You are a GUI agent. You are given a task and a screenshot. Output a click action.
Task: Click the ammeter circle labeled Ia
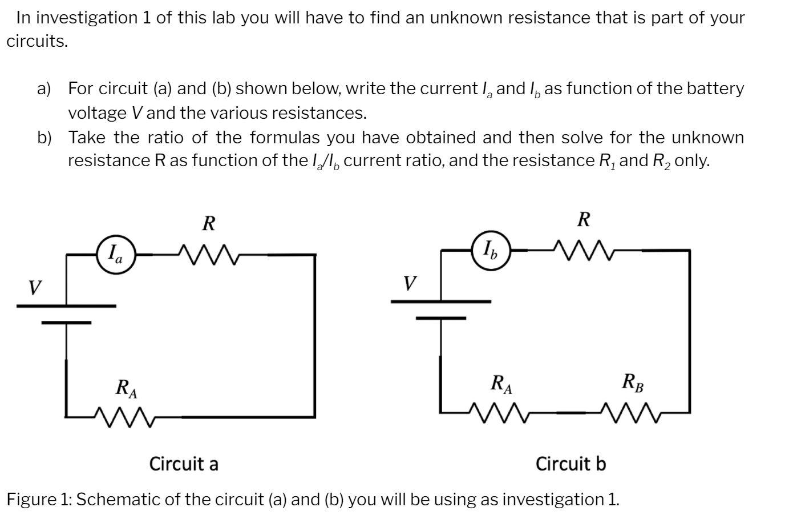click(116, 252)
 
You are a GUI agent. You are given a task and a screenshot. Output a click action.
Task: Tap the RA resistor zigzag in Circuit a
click(124, 417)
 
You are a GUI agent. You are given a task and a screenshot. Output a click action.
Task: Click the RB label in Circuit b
click(633, 383)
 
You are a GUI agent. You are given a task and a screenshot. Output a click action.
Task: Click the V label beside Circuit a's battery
click(35, 287)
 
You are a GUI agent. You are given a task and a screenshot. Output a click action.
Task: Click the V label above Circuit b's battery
click(409, 283)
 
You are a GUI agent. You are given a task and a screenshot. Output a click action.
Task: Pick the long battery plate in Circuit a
click(66, 306)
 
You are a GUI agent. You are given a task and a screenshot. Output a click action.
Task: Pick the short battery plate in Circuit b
click(440, 318)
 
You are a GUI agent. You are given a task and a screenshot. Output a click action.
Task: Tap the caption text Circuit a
click(184, 464)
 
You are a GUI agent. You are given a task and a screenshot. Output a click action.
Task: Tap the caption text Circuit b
click(570, 464)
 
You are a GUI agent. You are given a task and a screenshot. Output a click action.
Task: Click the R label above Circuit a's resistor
click(209, 223)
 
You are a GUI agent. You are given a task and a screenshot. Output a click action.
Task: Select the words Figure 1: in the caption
click(39, 500)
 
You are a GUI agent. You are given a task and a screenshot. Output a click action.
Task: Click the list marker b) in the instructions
click(44, 138)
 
